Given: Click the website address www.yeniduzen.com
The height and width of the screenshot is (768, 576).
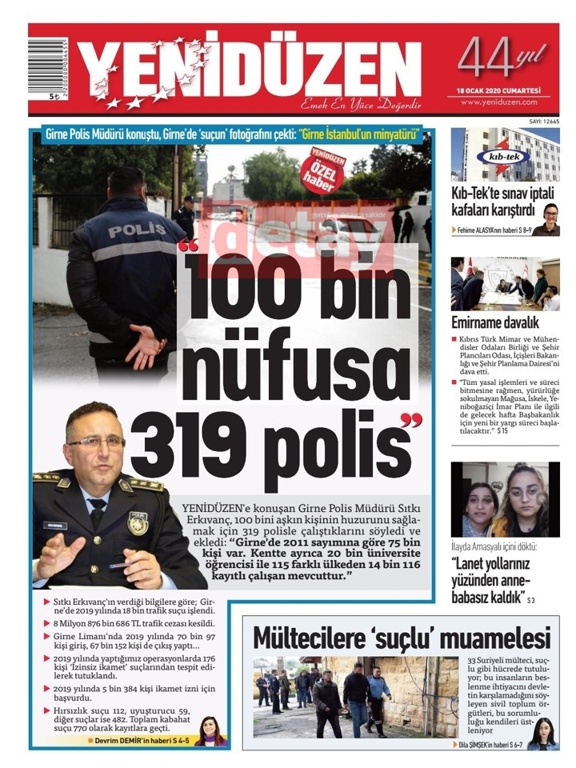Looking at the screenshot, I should pyautogui.click(x=498, y=102).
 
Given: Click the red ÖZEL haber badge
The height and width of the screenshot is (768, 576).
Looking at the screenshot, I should pyautogui.click(x=327, y=169).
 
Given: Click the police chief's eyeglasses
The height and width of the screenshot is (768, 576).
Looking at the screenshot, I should pyautogui.click(x=97, y=442).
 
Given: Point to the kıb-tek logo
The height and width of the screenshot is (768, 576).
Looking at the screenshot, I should pyautogui.click(x=503, y=155).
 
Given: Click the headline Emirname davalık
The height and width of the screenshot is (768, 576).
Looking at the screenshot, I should pyautogui.click(x=494, y=323).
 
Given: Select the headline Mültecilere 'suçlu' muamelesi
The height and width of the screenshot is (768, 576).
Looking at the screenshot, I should pyautogui.click(x=402, y=638).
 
